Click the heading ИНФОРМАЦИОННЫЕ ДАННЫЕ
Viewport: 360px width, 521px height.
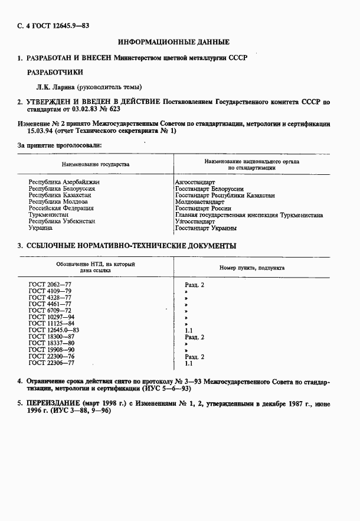coord(174,43)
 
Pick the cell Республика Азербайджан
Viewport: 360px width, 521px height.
coord(64,183)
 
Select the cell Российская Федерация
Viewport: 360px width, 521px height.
coord(61,209)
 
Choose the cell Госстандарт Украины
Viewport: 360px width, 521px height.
coord(206,228)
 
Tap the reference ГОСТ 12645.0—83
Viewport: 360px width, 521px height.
coord(54,330)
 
